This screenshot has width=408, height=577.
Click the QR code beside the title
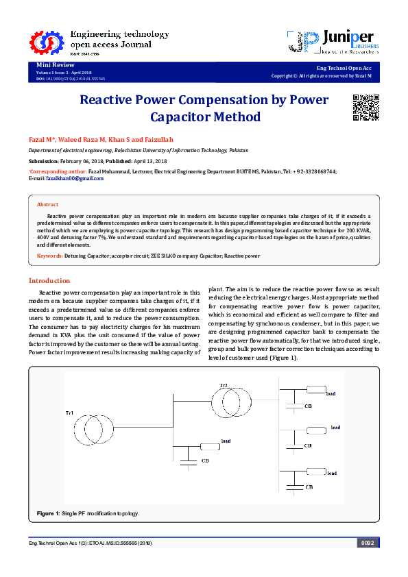[x=365, y=106]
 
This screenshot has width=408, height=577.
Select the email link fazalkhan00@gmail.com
[x=75, y=178]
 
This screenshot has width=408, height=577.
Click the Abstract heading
[x=47, y=204]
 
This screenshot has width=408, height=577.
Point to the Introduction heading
[x=49, y=280]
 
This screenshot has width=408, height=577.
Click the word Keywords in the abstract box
[x=49, y=256]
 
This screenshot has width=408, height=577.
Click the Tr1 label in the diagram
[x=69, y=413]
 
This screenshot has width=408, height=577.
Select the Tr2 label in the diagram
[x=223, y=386]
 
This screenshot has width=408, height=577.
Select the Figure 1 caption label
[x=48, y=513]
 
